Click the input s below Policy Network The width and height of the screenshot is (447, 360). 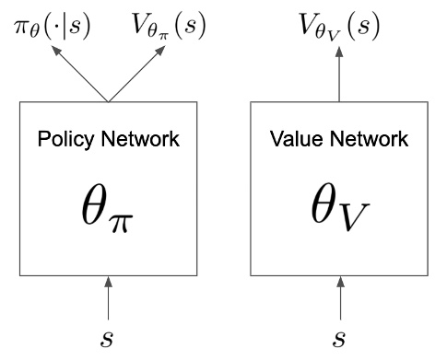[x=109, y=337]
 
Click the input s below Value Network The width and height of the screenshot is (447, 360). [x=339, y=337]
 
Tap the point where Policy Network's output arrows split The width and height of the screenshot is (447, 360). [x=109, y=100]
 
